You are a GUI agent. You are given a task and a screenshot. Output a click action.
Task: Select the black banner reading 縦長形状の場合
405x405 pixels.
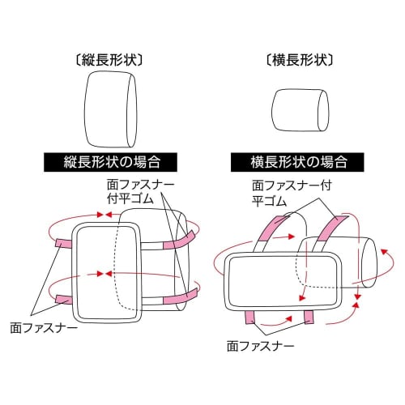110,162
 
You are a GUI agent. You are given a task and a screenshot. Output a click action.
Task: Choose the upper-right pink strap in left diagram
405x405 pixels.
179,240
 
